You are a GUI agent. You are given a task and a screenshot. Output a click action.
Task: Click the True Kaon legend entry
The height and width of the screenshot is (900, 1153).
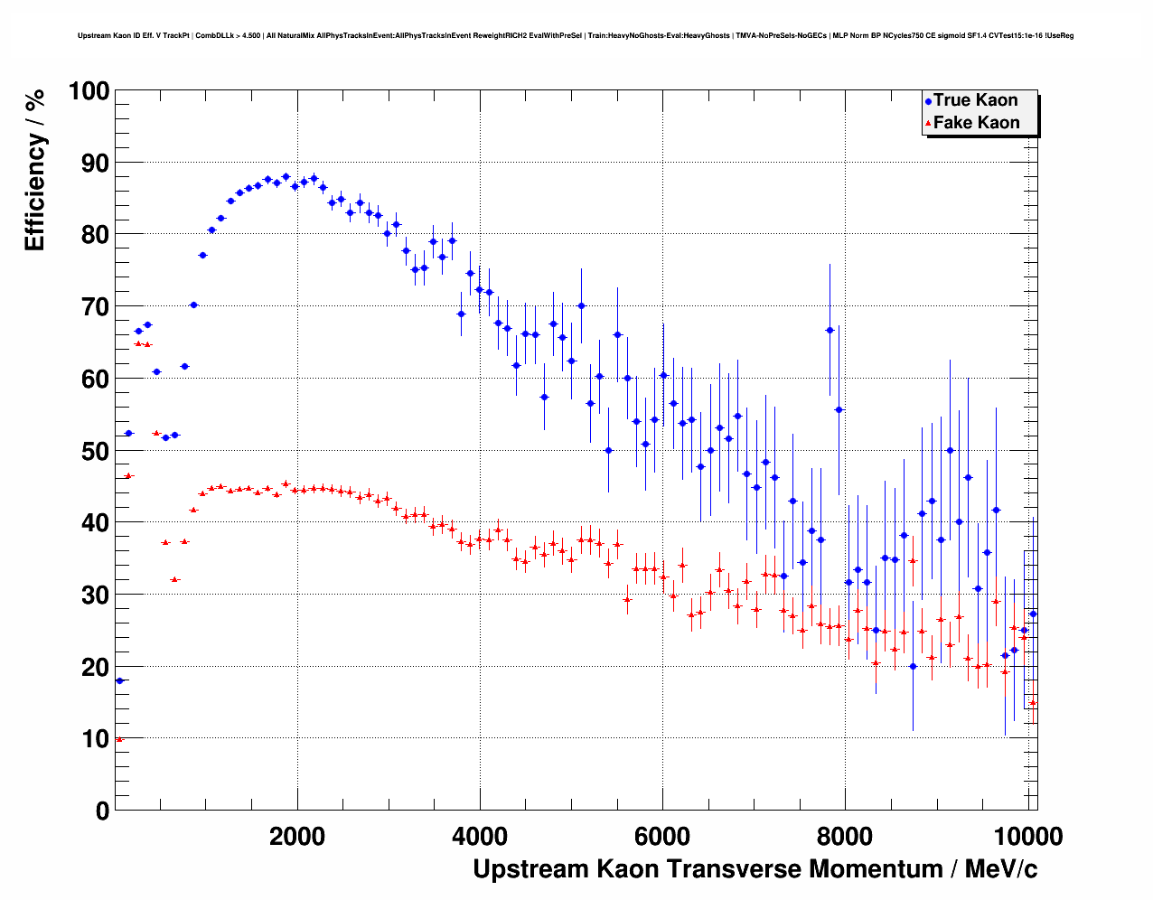(975, 100)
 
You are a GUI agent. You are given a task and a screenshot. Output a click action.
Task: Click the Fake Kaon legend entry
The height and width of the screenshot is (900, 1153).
(976, 123)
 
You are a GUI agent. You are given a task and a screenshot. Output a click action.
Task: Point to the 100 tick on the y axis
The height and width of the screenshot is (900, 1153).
(89, 91)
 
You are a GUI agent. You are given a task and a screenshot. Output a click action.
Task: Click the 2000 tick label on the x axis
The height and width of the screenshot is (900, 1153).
(298, 836)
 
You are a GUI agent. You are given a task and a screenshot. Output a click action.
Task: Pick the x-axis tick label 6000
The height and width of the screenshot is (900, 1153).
(662, 836)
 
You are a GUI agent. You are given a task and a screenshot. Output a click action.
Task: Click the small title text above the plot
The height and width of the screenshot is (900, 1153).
(576, 36)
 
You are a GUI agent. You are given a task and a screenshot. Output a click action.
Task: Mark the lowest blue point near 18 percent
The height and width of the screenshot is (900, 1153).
(119, 680)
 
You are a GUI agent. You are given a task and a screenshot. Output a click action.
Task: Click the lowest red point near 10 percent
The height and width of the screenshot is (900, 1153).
(119, 739)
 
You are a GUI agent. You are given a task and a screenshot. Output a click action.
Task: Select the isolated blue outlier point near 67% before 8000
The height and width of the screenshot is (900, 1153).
(830, 330)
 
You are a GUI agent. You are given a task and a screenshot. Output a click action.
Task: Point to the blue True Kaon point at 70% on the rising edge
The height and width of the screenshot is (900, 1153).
(193, 305)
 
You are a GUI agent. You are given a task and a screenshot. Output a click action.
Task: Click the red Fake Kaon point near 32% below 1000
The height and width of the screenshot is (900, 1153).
(174, 579)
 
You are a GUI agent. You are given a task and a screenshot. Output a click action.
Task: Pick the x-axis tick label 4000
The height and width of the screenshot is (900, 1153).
(481, 836)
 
